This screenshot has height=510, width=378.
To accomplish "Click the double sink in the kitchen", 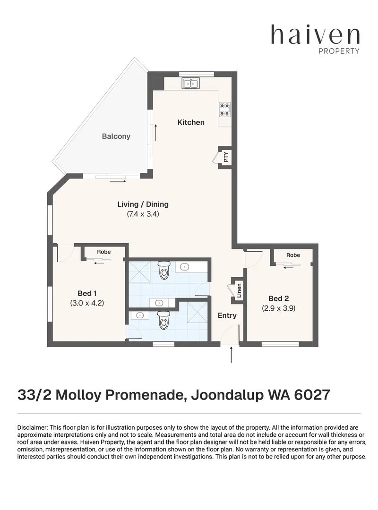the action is [191, 84].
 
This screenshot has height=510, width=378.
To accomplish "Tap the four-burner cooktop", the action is [225, 109].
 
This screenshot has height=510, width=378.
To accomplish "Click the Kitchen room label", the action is [191, 122].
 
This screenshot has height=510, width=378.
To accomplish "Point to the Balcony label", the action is [116, 136].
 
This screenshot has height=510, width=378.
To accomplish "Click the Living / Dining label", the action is [143, 204].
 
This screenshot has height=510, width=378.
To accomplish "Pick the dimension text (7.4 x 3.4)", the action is [143, 214].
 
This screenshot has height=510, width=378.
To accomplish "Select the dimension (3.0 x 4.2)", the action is [87, 303].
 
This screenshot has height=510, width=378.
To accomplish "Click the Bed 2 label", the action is [279, 298].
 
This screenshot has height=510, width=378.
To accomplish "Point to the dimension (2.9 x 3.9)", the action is [279, 308].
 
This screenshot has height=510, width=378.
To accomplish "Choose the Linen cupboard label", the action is [239, 291].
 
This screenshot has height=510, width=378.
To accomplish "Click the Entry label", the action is [227, 315].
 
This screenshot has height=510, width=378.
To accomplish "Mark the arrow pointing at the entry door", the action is [231, 355].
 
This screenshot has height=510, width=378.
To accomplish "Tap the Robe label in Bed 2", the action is [293, 255].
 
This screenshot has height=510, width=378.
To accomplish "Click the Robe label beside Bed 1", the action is [104, 252].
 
